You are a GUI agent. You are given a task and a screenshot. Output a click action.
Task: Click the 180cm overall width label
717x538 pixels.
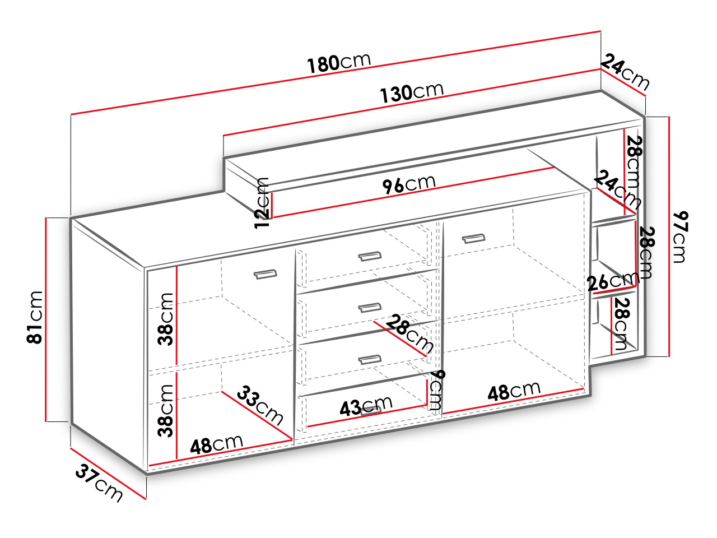[x=339, y=62]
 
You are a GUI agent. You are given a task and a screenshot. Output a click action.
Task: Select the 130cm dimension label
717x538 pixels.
[x=412, y=92]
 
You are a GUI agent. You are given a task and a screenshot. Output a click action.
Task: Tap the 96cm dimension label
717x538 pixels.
[x=409, y=184]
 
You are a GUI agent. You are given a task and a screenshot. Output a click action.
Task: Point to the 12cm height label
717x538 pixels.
[x=262, y=203]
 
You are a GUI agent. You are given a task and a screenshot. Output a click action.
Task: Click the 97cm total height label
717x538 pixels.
[x=681, y=237]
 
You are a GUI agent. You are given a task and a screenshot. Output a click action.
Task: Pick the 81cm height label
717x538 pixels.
[x=35, y=317]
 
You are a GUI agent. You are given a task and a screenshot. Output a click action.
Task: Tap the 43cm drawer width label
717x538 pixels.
[x=366, y=406]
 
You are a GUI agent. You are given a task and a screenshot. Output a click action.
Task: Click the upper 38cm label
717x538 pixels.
[x=165, y=319]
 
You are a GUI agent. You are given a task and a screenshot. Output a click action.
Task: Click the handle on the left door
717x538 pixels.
[x=266, y=274]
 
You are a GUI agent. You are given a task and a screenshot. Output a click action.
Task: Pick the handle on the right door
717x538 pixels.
[x=474, y=239]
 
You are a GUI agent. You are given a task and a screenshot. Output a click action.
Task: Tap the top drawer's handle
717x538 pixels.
[x=370, y=256]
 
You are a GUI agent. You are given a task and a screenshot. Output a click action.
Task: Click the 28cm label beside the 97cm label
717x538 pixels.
[x=646, y=253]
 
